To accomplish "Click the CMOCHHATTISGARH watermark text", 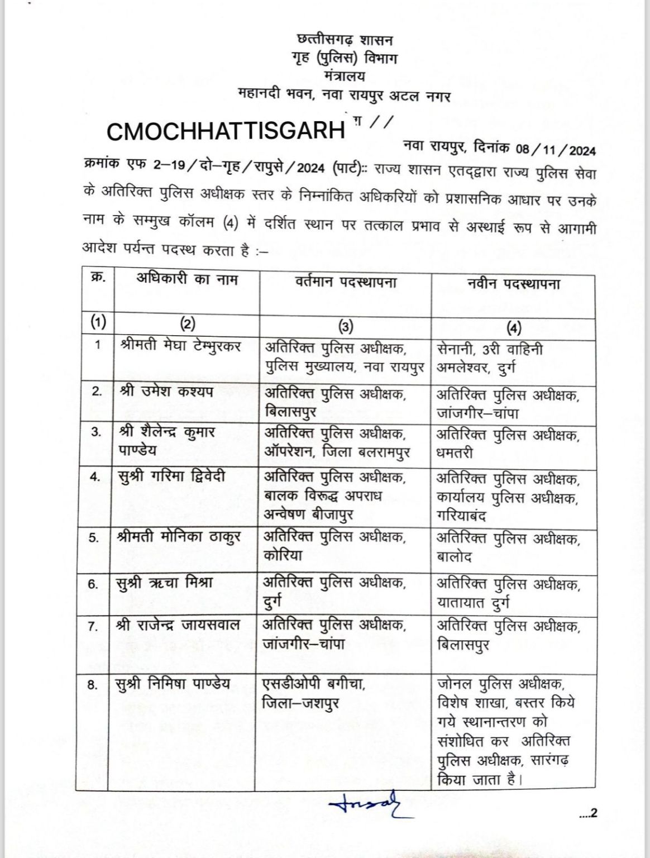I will pos(225,131).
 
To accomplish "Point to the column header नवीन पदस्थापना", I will pos(514,283).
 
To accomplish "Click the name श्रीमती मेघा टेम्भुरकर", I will pos(180,346).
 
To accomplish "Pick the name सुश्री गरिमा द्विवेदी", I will pos(173,476).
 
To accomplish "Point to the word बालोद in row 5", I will pos(455,556).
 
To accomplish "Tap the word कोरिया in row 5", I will pos(285,556).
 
